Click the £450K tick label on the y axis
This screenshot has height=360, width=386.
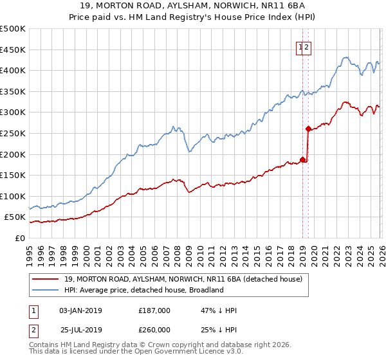13,50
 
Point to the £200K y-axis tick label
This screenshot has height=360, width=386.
13,154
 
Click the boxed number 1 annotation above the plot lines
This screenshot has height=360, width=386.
300,46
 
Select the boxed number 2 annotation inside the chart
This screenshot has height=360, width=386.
308,46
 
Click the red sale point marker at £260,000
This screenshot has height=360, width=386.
308,129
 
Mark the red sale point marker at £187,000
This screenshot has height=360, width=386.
302,159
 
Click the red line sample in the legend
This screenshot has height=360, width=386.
46,279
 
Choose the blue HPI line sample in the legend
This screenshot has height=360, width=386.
46,290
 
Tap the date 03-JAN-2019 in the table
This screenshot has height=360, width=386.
80,310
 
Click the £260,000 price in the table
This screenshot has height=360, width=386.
154,330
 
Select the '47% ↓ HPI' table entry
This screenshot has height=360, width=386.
219,310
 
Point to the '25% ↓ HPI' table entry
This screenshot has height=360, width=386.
219,330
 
